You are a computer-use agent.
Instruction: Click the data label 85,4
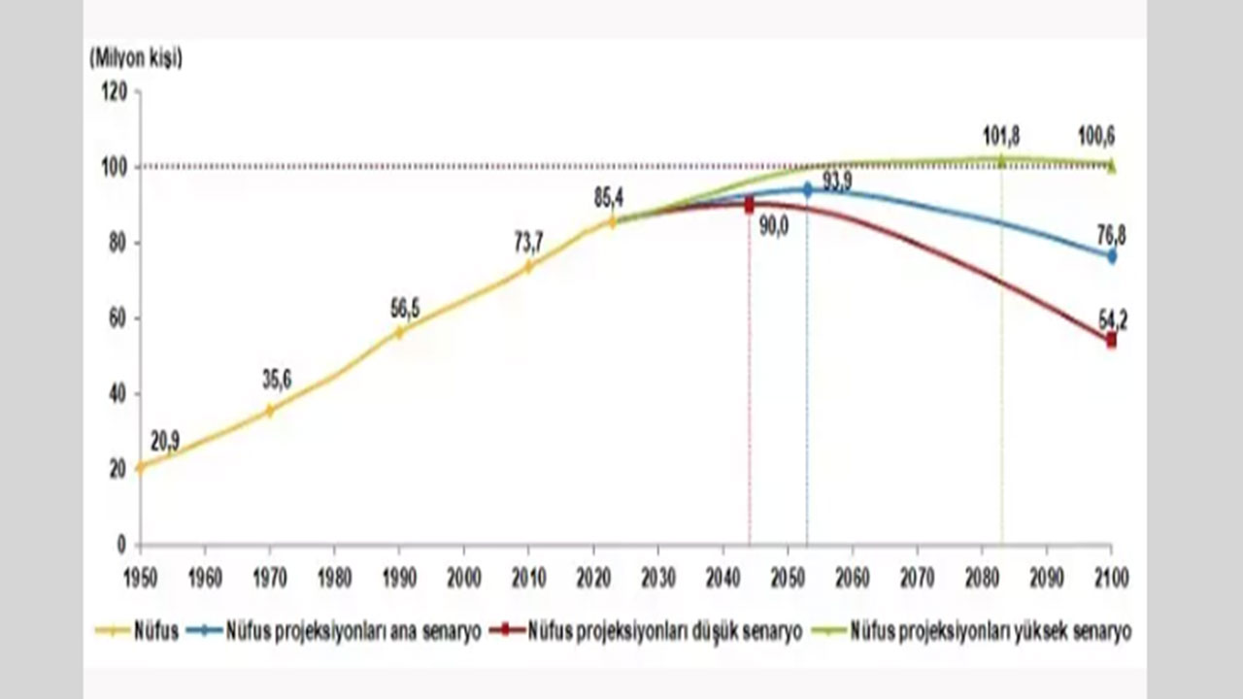tap(609, 198)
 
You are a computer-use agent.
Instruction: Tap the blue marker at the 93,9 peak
tap(807, 190)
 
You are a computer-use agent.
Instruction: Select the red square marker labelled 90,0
tap(749, 206)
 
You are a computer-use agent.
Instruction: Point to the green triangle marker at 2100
tap(1112, 166)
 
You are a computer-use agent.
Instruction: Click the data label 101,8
tap(1001, 136)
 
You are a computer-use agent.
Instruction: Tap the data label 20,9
tap(165, 443)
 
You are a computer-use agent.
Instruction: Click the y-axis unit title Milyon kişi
tap(136, 58)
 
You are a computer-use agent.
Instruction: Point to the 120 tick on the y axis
tap(115, 91)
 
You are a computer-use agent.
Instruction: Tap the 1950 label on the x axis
tap(140, 579)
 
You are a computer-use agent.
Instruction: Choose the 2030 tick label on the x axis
tap(658, 579)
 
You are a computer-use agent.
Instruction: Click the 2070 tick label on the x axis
tap(917, 579)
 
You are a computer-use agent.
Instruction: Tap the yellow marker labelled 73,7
tap(529, 266)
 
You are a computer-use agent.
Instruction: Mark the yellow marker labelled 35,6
tap(270, 410)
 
